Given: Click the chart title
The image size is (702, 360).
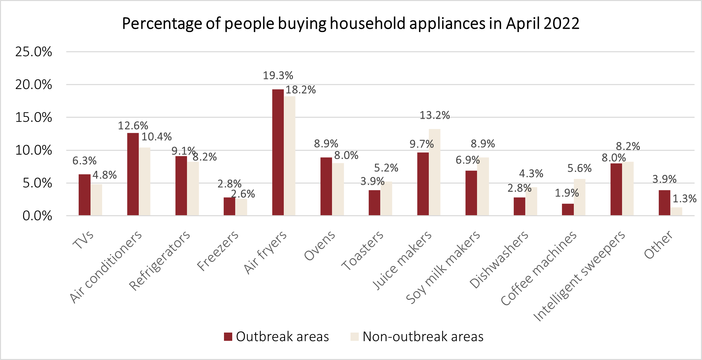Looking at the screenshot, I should [351, 24].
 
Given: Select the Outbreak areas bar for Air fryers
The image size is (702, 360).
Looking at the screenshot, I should [278, 152].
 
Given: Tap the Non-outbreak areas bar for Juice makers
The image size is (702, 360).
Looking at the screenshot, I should [434, 172].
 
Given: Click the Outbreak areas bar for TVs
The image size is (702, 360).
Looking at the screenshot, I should [84, 195].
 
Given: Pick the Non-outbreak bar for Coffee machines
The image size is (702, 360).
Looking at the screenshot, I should [579, 197].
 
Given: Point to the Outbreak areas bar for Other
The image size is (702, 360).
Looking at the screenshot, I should [664, 203].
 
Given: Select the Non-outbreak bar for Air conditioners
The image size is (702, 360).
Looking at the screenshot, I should [144, 181].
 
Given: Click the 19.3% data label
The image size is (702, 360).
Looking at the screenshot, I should [278, 76].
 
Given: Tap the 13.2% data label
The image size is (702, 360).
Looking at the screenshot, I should [434, 115].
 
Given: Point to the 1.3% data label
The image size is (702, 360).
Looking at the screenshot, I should [684, 199].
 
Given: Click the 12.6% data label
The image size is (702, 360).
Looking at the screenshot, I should [133, 126].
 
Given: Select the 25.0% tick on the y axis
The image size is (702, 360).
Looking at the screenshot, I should [34, 52].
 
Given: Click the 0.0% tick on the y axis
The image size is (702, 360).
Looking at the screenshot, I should [37, 216].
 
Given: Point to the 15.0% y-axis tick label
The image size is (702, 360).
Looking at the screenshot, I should [34, 118].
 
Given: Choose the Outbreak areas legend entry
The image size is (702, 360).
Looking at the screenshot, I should [277, 337].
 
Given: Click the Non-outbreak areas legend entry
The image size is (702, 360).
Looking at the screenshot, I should [417, 337].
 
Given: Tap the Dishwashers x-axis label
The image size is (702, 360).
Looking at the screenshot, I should [499, 260].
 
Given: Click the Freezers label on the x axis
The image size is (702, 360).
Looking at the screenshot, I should [218, 251].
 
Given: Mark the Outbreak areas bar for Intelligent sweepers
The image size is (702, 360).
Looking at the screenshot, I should [616, 189].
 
